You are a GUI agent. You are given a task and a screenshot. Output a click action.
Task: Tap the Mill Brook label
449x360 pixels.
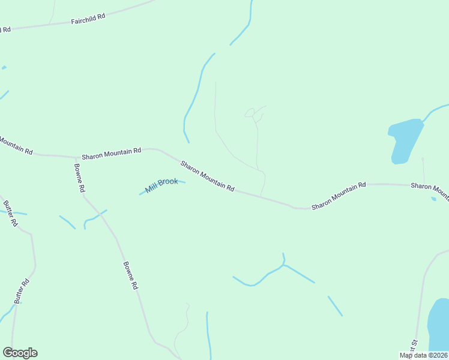[x=161, y=185]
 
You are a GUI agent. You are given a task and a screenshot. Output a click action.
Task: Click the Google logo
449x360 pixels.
[x=20, y=353]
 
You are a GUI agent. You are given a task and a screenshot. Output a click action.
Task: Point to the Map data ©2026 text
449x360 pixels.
[x=424, y=355]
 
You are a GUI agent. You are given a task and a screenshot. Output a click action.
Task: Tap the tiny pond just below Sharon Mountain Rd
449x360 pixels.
[x=433, y=199]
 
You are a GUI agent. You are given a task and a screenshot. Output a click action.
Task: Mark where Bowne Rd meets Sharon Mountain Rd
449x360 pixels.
[x=76, y=158]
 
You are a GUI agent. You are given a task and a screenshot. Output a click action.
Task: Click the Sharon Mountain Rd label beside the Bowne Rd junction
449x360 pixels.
[x=112, y=153]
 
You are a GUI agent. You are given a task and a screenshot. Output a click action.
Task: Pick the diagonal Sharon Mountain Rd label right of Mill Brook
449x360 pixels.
[x=207, y=175]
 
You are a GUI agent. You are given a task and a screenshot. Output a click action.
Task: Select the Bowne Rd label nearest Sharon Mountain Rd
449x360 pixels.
[x=79, y=178]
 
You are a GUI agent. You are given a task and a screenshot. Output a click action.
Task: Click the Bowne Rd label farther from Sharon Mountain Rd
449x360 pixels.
[x=130, y=276]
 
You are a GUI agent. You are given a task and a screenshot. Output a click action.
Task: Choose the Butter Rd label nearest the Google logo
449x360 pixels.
[x=22, y=291]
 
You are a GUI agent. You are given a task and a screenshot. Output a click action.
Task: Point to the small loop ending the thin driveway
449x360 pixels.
[x=250, y=113]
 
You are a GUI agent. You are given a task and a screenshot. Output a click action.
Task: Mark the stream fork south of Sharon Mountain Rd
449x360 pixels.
[x=283, y=264]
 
